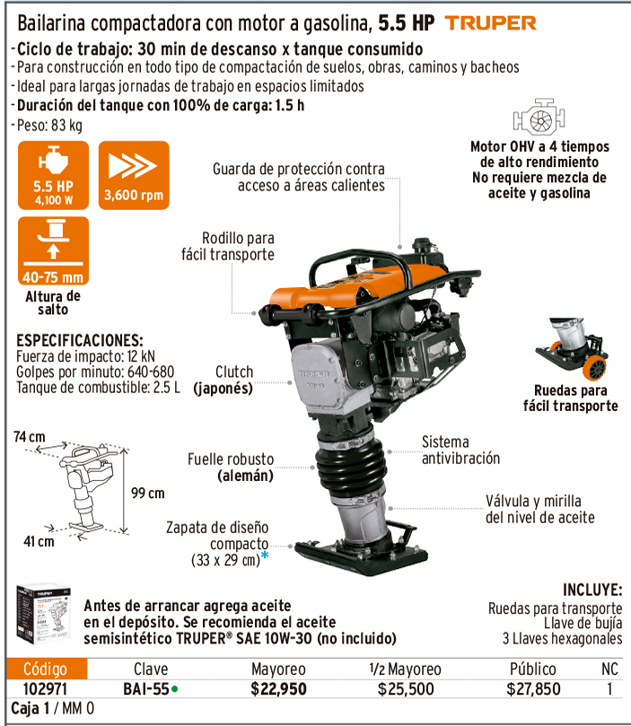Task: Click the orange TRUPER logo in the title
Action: click(490, 22)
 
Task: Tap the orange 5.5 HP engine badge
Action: click(53, 175)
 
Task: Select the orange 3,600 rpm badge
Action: click(134, 175)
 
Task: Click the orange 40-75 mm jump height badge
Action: click(53, 250)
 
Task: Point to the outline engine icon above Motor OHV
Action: click(539, 117)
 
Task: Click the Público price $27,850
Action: click(533, 689)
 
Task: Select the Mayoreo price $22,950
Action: click(278, 689)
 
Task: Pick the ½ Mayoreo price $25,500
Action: click(406, 689)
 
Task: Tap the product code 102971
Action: click(45, 689)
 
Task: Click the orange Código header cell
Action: click(47, 669)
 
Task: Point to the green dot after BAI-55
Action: click(174, 689)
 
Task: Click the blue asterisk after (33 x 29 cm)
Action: click(265, 555)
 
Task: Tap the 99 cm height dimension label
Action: click(148, 493)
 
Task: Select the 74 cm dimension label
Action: click(29, 437)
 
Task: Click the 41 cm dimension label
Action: click(39, 541)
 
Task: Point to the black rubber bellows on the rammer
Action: click(350, 468)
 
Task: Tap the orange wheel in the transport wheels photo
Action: click(594, 367)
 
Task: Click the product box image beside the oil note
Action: click(43, 614)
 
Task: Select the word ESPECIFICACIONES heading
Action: click(80, 340)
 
